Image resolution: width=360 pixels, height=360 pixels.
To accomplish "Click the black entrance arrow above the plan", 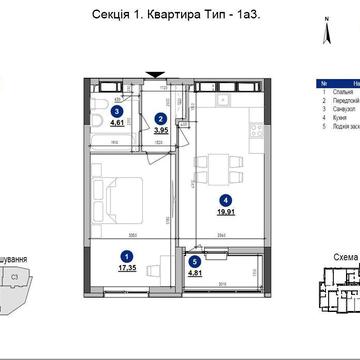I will point(152,72).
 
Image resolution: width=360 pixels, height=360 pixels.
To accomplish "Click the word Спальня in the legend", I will point(339,94).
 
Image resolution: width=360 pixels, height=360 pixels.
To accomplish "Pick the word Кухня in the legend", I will point(337,121).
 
